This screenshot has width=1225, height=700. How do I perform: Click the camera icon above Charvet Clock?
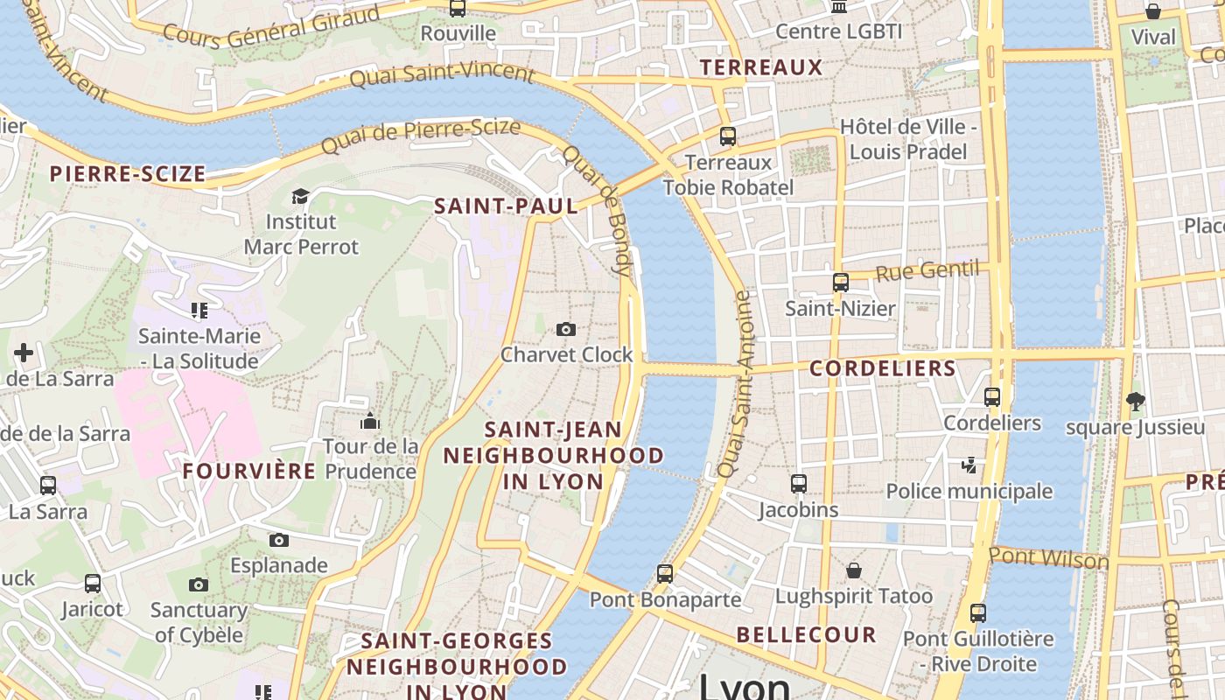(566, 329)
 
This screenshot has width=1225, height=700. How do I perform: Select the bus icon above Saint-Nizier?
(841, 283)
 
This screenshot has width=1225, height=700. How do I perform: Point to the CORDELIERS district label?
(882, 368)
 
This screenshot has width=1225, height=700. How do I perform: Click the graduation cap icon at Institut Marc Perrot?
(301, 196)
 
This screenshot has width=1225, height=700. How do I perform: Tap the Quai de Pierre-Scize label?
(421, 136)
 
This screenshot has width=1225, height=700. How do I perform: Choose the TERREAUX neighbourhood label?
(761, 67)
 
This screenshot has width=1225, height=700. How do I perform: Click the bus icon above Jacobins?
(799, 484)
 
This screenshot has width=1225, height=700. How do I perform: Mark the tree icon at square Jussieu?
(1136, 402)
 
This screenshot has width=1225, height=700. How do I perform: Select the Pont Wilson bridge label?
(1048, 558)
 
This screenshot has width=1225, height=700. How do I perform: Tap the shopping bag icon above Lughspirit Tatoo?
(854, 570)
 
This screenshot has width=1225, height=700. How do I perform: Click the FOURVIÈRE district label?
(249, 472)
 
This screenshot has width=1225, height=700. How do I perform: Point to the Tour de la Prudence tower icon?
(370, 421)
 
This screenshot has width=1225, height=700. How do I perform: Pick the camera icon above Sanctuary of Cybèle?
(199, 584)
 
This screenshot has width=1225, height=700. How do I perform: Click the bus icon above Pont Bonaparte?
(665, 574)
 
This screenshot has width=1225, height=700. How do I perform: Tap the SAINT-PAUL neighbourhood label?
(507, 206)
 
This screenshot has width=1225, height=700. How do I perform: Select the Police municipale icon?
(969, 465)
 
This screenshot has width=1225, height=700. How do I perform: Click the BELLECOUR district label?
(806, 635)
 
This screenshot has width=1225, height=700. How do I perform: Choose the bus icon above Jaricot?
(93, 584)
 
